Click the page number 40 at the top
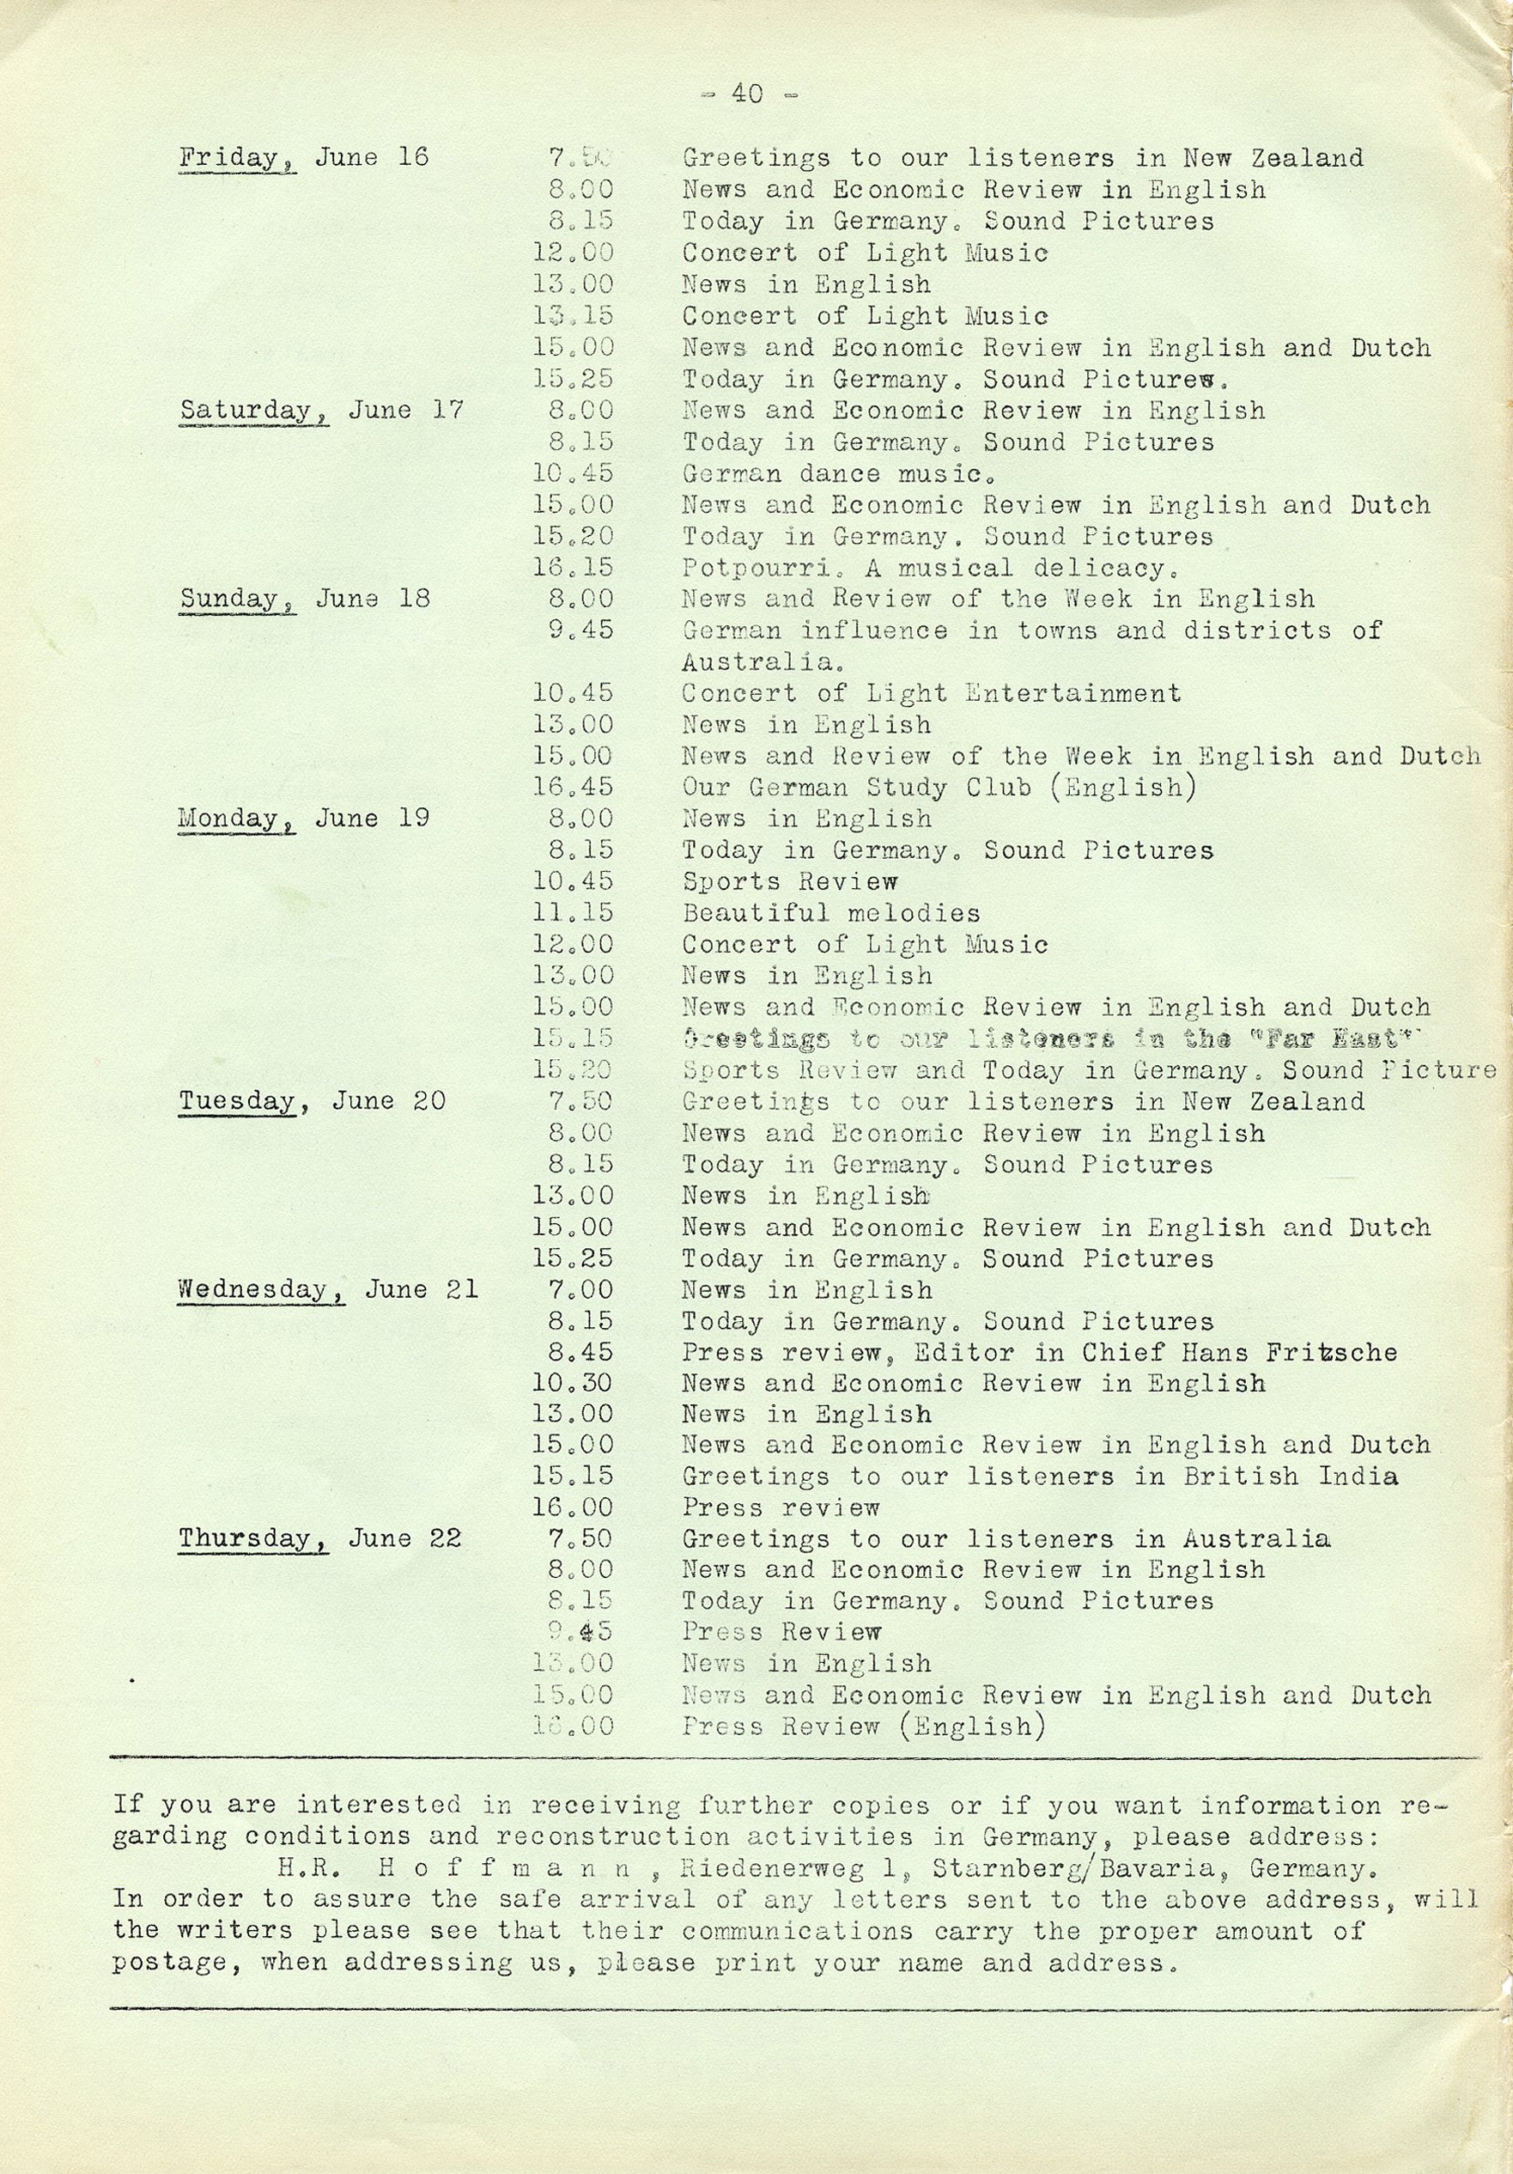coord(747,93)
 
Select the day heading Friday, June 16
coord(303,157)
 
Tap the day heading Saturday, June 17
coord(322,410)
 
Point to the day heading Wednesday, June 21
coord(328,1288)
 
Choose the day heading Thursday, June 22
coord(320,1538)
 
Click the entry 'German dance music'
coord(837,472)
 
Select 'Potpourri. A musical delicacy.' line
coord(930,567)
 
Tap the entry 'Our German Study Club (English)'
coord(933,787)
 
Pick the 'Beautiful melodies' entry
coord(830,913)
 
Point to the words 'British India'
coord(1291,1477)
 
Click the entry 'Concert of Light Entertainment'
coord(931,693)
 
